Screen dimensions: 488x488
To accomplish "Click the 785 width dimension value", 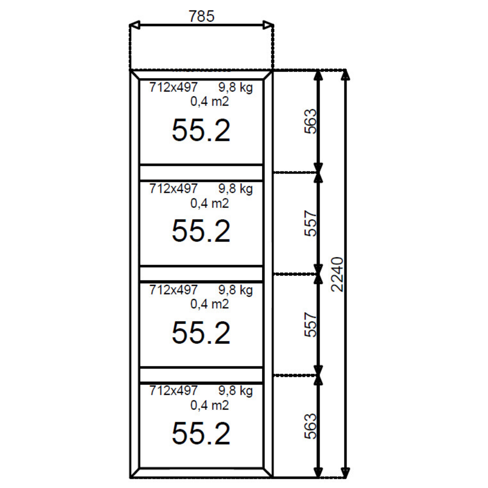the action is coord(201,16).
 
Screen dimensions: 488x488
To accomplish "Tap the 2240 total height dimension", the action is coord(337,274).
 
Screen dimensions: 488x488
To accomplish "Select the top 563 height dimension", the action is coord(310,121).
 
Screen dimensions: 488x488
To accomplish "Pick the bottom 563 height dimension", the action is coord(310,426).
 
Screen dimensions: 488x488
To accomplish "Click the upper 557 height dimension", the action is coord(310,223).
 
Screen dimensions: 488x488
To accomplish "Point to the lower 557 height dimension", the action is coord(310,325).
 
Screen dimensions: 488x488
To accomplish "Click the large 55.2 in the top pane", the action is coord(201,130).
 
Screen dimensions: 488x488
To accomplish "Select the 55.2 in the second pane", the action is coord(201,231).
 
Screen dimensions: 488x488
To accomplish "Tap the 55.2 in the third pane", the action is coord(201,333).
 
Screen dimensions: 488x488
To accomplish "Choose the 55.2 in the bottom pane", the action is coord(201,433).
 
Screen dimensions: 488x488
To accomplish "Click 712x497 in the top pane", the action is coord(173,87).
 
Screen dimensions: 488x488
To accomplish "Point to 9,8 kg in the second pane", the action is coord(235,189).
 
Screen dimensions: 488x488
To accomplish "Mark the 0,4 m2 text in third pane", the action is coord(210,304).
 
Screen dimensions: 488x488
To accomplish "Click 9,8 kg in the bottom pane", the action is coord(235,391).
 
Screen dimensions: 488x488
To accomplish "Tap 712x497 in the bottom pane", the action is coord(173,391).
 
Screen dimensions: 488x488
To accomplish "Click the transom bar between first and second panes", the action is coord(201,173).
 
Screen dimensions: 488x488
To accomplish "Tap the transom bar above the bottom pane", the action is coord(201,375).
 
